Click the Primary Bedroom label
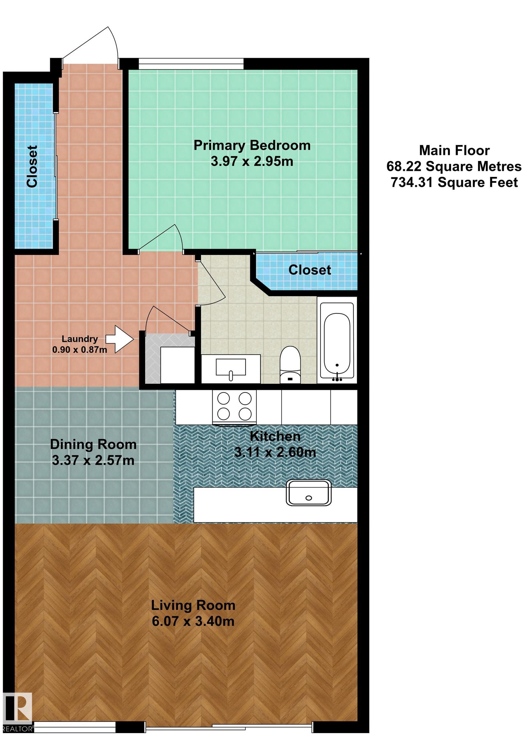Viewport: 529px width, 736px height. (252, 145)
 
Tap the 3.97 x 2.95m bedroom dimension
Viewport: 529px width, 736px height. (252, 161)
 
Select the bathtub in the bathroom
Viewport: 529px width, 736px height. (337, 341)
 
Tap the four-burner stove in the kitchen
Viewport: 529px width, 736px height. (234, 407)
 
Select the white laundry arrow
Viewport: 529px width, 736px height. (120, 339)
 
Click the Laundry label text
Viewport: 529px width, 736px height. (80, 339)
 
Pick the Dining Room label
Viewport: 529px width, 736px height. (94, 444)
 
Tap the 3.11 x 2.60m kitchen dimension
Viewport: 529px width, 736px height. (275, 452)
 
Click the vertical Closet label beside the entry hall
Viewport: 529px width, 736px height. (32, 166)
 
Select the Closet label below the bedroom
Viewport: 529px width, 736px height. (310, 270)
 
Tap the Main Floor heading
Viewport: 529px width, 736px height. (454, 150)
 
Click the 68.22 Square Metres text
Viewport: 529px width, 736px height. (454, 166)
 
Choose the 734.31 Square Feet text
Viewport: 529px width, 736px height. (454, 182)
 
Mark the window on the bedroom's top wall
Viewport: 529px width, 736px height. (191, 64)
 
